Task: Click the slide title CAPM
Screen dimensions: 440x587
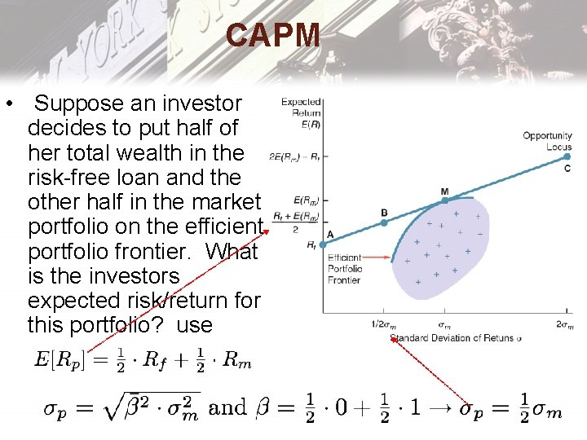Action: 274,35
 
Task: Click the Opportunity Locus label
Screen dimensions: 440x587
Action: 547,141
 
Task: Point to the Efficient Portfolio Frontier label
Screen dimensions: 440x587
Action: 344,268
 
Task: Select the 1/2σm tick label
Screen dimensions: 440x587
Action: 384,324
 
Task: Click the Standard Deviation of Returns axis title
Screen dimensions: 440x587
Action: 456,337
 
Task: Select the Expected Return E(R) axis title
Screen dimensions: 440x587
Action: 301,113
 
